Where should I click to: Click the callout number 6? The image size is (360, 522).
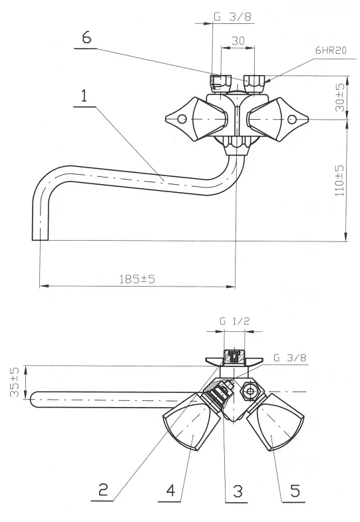point(87,38)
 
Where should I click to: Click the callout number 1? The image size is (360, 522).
point(85,96)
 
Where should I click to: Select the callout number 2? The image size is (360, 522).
point(103,489)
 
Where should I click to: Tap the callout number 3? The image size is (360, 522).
point(171,489)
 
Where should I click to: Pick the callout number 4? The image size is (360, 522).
point(295,490)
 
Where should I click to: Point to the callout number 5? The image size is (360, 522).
point(238,491)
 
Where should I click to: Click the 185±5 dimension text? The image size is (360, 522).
point(137,279)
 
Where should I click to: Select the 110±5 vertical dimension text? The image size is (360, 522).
point(339,180)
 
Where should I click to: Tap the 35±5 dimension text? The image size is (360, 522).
point(15,382)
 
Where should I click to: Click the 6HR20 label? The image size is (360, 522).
point(331,50)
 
